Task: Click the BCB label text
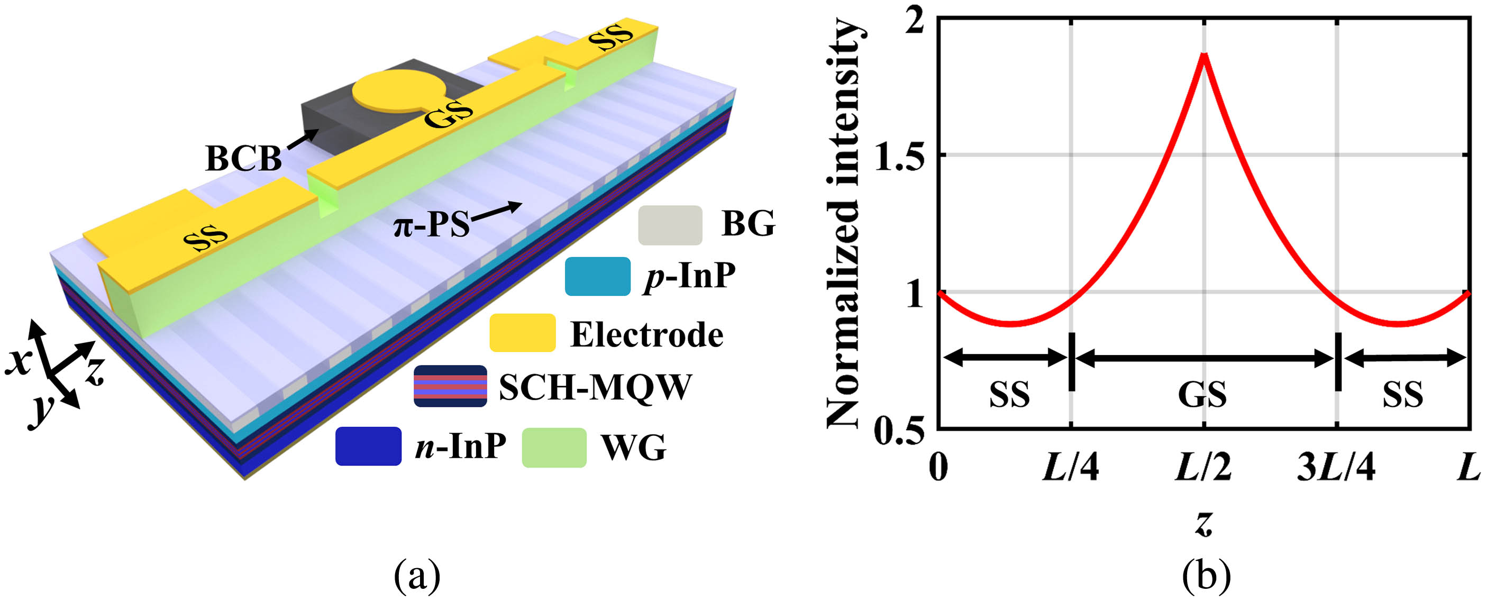click(243, 158)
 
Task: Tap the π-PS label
click(432, 224)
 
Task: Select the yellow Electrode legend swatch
click(522, 333)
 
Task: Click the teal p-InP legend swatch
click(597, 276)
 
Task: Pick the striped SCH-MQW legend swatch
click(450, 386)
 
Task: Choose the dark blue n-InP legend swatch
click(368, 446)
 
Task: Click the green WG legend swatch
click(554, 447)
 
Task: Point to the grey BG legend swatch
click(670, 225)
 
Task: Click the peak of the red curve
click(1204, 55)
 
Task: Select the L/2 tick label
click(1204, 467)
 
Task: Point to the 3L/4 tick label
click(1335, 467)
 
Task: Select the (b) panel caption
click(1206, 576)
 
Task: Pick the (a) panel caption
click(417, 576)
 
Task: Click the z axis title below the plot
click(1204, 523)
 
